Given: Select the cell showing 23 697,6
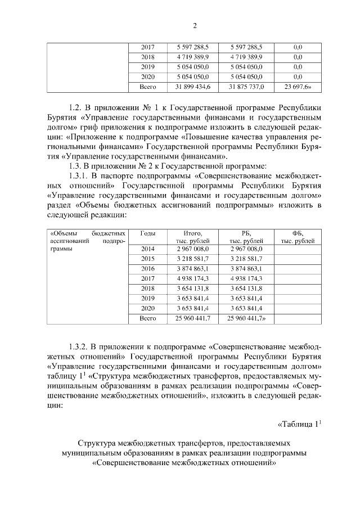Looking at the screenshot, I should click(298, 87).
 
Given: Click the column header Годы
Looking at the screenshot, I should click(148, 233).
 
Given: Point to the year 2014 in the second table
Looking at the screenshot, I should click(148, 248).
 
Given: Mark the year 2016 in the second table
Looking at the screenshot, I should click(148, 268).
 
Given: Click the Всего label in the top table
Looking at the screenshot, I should click(148, 87).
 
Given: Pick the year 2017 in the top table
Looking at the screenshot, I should click(148, 47).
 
